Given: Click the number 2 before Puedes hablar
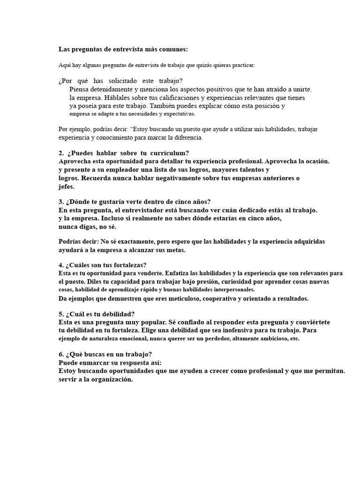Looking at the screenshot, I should (61, 153).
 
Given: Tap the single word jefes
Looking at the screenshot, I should (66, 186).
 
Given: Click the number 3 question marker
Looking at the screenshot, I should (61, 202).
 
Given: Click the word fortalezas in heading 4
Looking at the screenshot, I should (125, 265).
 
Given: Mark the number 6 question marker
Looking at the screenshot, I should (61, 354).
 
